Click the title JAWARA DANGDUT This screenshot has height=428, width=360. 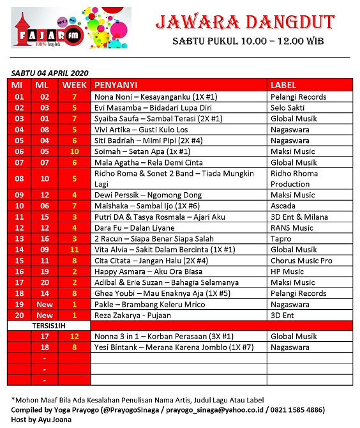(x=245, y=23)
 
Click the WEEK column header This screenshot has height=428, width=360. (x=74, y=85)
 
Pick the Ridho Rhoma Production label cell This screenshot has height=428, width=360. (x=290, y=178)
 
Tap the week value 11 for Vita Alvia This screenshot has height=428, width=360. (x=74, y=249)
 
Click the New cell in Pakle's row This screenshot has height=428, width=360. (x=45, y=304)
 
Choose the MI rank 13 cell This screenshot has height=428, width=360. (x=19, y=238)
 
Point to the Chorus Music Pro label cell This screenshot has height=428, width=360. (x=301, y=261)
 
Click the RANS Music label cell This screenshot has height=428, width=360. (x=292, y=227)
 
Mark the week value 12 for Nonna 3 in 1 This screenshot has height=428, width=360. (x=74, y=337)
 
